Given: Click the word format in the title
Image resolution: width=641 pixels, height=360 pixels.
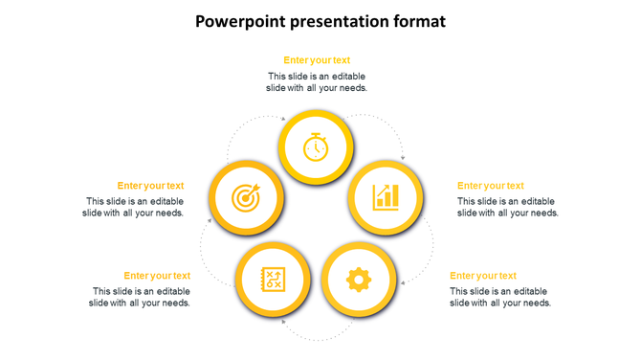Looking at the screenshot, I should click(415, 21).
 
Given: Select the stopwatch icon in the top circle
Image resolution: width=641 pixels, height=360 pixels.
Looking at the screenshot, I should click(316, 146).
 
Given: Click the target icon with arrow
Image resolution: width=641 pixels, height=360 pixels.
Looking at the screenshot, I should click(246, 198).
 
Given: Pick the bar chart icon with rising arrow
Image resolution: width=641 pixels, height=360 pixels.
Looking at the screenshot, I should click(386, 197).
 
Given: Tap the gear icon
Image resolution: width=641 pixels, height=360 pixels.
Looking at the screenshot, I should click(358, 280).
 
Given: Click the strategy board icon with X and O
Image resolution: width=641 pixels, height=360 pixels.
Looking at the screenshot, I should click(273, 280).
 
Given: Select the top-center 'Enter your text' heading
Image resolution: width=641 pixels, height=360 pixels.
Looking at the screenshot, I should click(317, 60).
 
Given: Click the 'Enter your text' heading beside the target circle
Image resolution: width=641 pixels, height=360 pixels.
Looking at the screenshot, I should click(150, 186).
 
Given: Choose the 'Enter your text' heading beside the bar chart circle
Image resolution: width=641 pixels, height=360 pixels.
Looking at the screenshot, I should click(490, 186).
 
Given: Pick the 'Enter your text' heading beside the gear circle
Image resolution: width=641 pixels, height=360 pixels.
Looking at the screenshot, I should click(482, 276).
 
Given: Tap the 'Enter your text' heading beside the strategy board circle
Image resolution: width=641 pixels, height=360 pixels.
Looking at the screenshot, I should click(157, 276).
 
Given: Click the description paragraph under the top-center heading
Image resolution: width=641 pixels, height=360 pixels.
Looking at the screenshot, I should click(317, 81).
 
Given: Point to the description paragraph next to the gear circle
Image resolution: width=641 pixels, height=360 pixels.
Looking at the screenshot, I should click(499, 297).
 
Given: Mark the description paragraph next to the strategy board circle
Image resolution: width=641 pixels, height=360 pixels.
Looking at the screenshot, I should click(140, 297).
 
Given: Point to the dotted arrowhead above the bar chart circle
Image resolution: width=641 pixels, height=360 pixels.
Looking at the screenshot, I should click(403, 157).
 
